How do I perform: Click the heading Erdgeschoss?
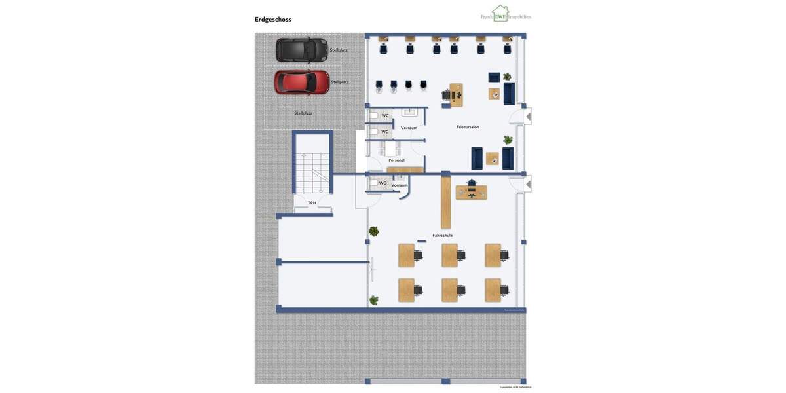272,20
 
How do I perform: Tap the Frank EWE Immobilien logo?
505,14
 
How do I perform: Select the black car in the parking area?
301,50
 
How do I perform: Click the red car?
301,83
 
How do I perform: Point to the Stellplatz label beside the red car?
339,82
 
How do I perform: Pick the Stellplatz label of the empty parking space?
303,113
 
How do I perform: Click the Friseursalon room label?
468,127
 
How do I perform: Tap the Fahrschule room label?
442,235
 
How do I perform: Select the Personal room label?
396,160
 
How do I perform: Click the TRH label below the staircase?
312,203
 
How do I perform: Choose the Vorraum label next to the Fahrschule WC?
400,185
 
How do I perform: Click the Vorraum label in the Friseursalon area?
409,128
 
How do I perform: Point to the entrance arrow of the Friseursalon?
529,117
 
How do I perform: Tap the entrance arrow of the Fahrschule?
529,185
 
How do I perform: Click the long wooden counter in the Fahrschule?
445,202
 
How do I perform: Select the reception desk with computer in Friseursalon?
455,95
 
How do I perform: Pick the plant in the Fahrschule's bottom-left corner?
373,300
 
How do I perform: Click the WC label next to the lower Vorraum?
383,183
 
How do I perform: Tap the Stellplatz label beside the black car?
339,50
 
